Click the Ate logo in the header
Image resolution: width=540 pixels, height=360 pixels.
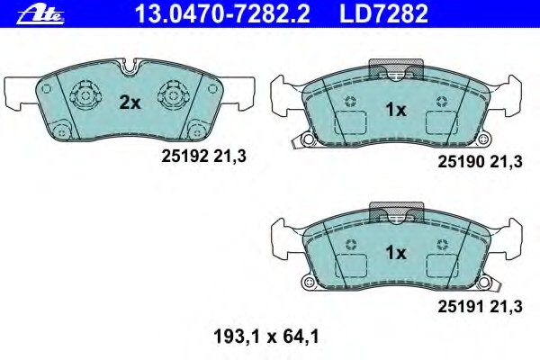tap(40, 15)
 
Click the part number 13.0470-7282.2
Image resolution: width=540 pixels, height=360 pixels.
tap(222, 13)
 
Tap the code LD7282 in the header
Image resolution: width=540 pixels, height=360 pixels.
tap(383, 13)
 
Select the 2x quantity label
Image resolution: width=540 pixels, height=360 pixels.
tap(130, 103)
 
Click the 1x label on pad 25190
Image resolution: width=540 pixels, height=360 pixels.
tap(396, 110)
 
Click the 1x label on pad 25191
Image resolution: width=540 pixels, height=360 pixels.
tap(396, 253)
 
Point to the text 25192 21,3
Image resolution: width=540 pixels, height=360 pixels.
tap(204, 157)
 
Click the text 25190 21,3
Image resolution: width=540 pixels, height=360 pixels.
tap(480, 162)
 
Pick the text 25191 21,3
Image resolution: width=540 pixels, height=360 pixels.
tap(480, 306)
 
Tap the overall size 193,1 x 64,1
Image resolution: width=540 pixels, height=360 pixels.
tap(266, 337)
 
